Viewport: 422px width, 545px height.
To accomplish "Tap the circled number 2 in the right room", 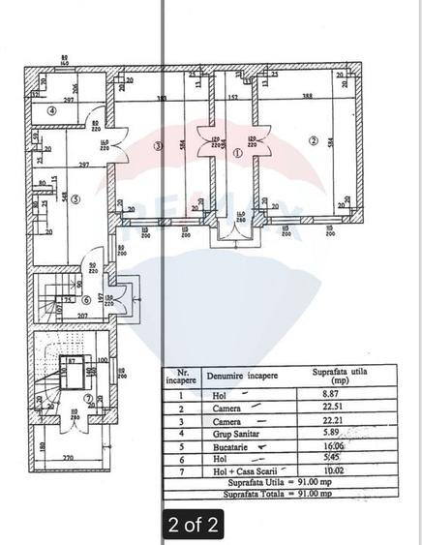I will coord(313,140).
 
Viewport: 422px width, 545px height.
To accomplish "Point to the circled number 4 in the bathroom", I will coord(54,110).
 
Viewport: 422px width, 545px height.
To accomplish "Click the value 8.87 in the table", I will coord(332,395).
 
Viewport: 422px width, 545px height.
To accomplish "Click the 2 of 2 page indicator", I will coord(193,525).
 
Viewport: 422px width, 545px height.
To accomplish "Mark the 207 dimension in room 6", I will coord(83,316).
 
